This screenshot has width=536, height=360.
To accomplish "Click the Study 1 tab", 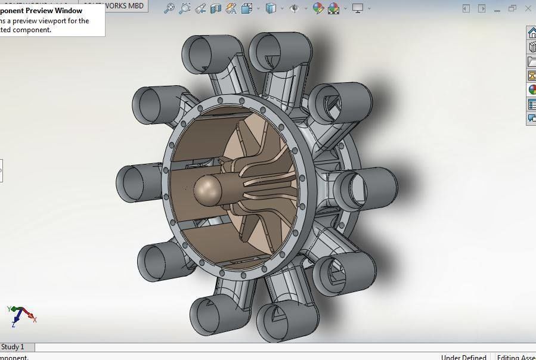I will (x=13, y=347).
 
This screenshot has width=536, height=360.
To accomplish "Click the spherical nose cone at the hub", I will (x=207, y=191).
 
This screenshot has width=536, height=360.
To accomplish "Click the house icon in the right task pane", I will (x=532, y=33).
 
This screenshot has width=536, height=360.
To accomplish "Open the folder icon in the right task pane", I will (x=532, y=61).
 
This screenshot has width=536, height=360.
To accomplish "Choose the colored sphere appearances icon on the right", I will (x=532, y=90).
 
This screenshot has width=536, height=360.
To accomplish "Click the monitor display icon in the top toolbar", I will (x=358, y=8).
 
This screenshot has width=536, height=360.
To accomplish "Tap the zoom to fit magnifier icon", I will (x=169, y=8).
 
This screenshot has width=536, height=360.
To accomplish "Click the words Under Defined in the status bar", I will (x=463, y=357).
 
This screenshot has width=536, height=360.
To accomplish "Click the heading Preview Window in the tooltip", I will (x=54, y=11).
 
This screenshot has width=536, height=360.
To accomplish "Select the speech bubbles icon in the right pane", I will (x=532, y=119).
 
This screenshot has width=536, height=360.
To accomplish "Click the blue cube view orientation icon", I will (x=271, y=8).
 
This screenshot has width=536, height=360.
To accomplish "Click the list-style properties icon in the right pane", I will (x=532, y=104).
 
